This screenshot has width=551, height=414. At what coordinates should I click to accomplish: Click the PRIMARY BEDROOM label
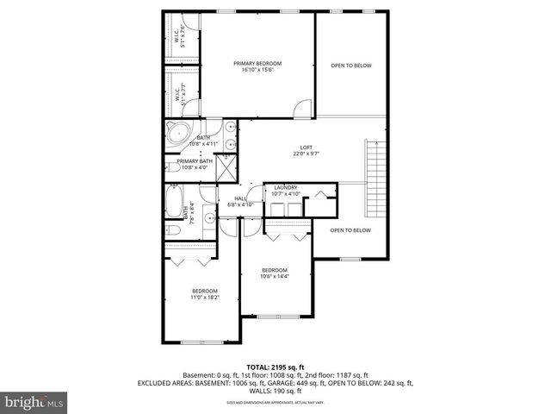pyautogui.click(x=257, y=64)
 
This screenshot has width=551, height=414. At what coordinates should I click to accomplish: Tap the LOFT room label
pyautogui.click(x=306, y=147)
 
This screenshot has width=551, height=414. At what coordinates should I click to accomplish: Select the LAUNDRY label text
pyautogui.click(x=286, y=187)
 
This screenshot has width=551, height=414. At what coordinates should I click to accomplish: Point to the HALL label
pyautogui.click(x=239, y=198)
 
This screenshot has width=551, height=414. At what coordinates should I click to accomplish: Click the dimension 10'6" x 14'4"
pyautogui.click(x=275, y=276)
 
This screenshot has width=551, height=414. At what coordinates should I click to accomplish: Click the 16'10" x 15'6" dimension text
pyautogui.click(x=257, y=71)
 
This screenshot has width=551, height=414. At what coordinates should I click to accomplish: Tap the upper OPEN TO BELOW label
pyautogui.click(x=351, y=66)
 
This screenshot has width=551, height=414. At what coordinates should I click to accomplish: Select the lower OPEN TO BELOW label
pyautogui.click(x=350, y=230)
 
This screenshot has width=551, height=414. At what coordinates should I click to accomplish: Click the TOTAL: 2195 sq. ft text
pyautogui.click(x=275, y=367)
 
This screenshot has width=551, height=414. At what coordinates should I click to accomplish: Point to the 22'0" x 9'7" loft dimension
pyautogui.click(x=306, y=154)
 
